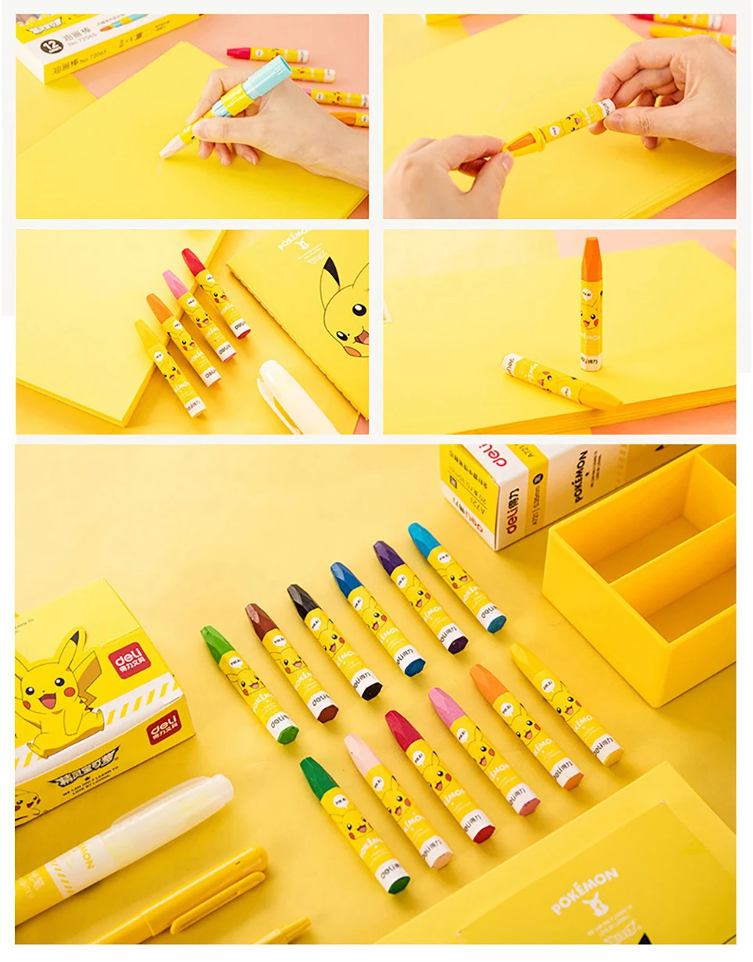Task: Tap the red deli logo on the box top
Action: coord(127,660)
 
